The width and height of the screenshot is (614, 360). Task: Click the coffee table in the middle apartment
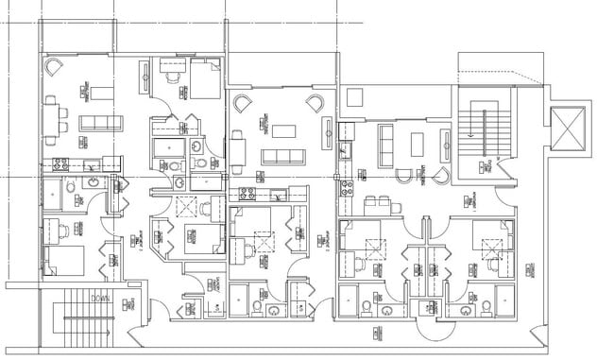click(282, 126)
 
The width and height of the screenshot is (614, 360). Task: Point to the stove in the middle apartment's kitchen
click(248, 193)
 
